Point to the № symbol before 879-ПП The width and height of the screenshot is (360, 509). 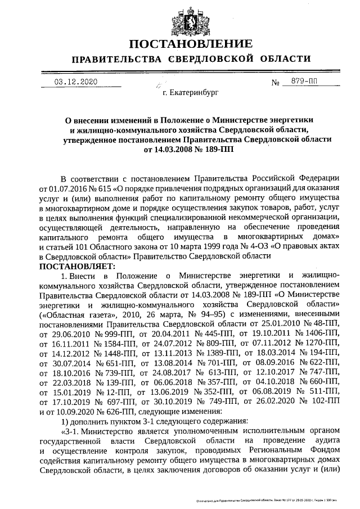276,83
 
